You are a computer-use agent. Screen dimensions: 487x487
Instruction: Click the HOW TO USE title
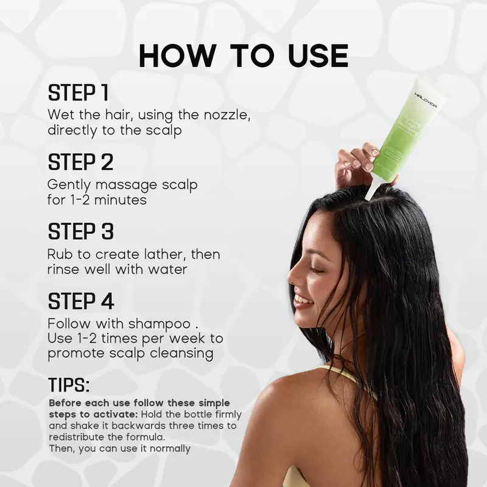(x=243, y=56)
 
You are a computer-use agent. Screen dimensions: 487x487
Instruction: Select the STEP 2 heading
(x=81, y=163)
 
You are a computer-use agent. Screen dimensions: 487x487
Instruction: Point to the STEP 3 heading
(x=81, y=232)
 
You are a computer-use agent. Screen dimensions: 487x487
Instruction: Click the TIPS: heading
(x=69, y=385)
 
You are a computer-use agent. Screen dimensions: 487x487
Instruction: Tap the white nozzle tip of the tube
(x=370, y=193)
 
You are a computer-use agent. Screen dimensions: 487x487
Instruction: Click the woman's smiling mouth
(x=301, y=300)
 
